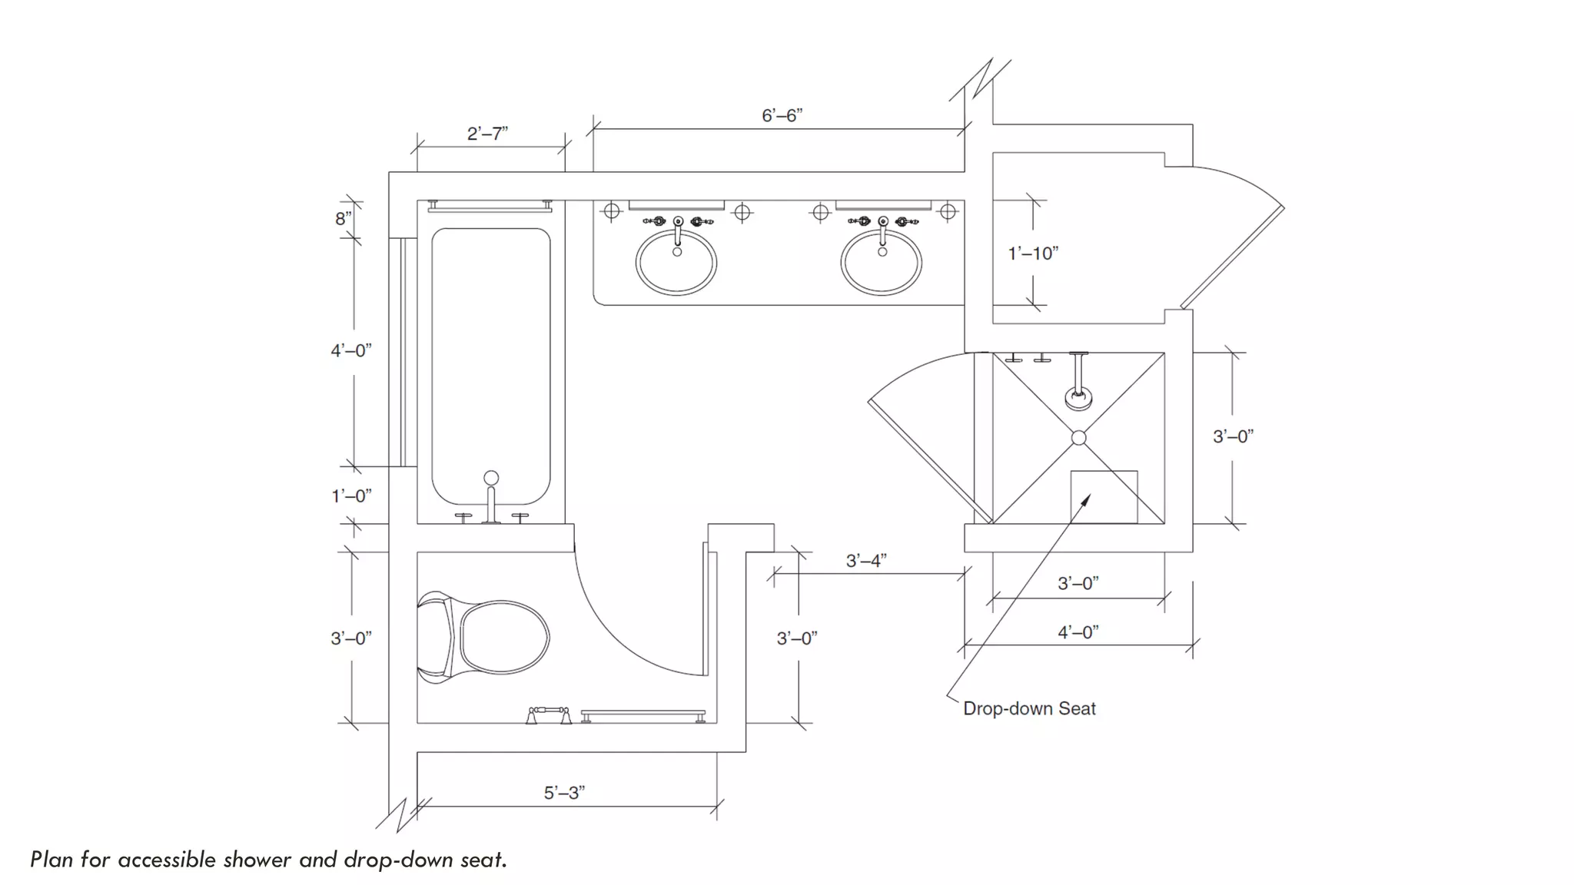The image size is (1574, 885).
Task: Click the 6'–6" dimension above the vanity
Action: coord(782,115)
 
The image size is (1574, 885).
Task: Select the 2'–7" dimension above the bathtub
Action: coord(487,134)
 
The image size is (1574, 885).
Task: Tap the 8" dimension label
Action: coord(343,218)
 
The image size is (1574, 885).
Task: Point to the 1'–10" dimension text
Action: coord(1033,253)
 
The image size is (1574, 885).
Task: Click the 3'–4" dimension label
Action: coord(866,561)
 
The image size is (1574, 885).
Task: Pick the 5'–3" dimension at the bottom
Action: coord(564,792)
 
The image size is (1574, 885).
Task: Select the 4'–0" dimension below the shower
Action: coord(1078,632)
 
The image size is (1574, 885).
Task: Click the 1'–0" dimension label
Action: coord(351,496)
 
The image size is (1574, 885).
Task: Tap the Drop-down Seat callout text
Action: coord(1029,708)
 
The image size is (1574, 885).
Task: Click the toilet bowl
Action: coord(503,638)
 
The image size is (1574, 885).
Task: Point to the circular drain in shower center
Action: coord(1078,437)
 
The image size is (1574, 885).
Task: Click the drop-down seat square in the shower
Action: coord(1104,497)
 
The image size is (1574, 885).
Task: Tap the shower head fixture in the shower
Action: coord(1078,396)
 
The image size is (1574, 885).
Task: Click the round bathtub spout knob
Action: coord(491,478)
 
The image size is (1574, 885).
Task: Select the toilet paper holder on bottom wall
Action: coord(548,715)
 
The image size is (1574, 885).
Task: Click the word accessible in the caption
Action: coord(167,859)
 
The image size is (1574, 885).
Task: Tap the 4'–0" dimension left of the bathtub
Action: coord(351,350)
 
